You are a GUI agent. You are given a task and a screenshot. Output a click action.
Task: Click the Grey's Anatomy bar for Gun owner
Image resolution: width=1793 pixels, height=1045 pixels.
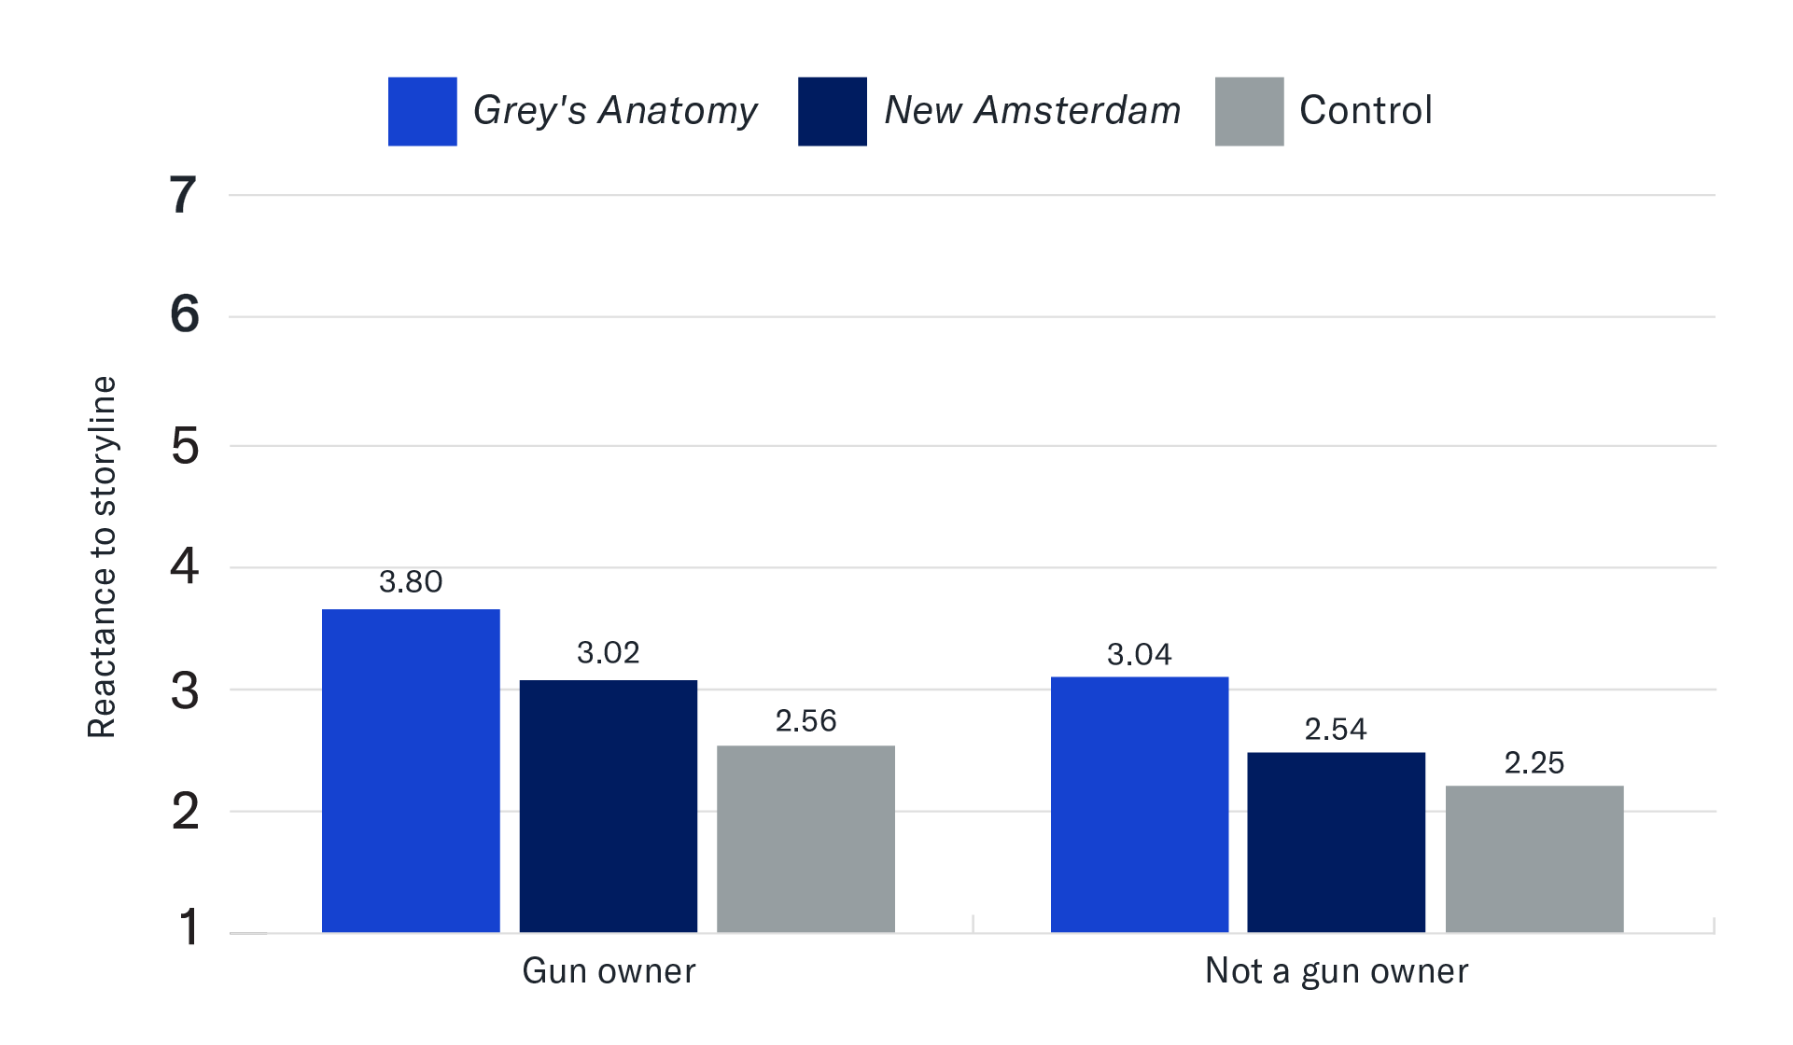(x=411, y=771)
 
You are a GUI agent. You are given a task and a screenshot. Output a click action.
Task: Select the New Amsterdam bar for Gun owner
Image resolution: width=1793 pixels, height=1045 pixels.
(x=609, y=806)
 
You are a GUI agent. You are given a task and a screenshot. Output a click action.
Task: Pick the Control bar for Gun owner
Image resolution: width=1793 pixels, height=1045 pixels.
(x=805, y=839)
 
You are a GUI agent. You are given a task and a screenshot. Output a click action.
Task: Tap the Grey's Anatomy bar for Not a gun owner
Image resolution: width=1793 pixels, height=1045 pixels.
(x=1140, y=804)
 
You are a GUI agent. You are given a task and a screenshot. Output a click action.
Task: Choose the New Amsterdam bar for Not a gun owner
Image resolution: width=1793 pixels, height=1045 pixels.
(x=1337, y=842)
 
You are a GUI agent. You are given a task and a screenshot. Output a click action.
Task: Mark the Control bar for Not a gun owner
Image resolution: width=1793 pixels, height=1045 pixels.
(x=1534, y=858)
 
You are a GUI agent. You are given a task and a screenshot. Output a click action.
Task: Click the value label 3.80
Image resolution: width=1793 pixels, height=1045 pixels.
(x=411, y=582)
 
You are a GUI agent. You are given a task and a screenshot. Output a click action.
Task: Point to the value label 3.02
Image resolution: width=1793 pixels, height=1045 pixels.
(x=609, y=653)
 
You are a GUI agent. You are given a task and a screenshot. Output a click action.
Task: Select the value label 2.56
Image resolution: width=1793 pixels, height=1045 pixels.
(x=805, y=721)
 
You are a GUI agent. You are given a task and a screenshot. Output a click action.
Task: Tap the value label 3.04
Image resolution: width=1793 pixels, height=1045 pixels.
(x=1140, y=655)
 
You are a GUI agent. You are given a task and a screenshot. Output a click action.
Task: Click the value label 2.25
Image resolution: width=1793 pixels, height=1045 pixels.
(x=1534, y=763)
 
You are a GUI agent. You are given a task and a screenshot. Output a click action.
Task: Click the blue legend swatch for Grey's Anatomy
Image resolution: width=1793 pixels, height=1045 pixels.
(x=423, y=112)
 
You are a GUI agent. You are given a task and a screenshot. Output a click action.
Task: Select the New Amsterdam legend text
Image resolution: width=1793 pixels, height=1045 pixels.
(x=1032, y=111)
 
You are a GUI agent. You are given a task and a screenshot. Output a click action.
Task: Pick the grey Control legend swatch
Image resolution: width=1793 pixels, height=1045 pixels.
(x=1249, y=112)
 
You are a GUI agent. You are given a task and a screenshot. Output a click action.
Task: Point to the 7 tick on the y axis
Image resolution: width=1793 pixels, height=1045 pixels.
(x=184, y=196)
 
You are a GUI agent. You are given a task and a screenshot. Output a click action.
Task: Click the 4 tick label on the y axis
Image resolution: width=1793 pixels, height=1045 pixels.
(x=184, y=567)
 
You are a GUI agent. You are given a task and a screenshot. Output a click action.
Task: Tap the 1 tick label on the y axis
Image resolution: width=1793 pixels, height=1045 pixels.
(x=189, y=928)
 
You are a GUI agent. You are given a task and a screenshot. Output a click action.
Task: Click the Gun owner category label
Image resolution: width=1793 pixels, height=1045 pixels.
(x=609, y=971)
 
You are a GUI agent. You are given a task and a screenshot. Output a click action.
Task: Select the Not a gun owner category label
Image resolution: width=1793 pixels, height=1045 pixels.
(x=1337, y=971)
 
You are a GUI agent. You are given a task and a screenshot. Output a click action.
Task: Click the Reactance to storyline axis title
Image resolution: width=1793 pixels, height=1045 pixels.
(x=102, y=557)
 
